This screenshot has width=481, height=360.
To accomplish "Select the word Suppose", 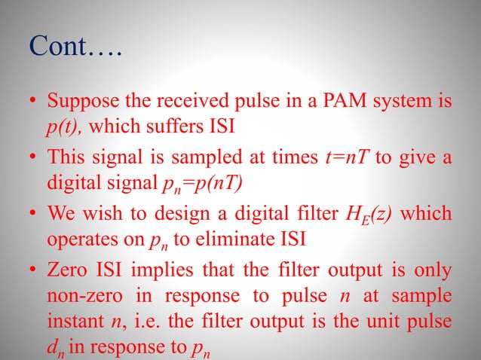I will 79,100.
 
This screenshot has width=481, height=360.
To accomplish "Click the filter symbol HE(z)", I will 379,215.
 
